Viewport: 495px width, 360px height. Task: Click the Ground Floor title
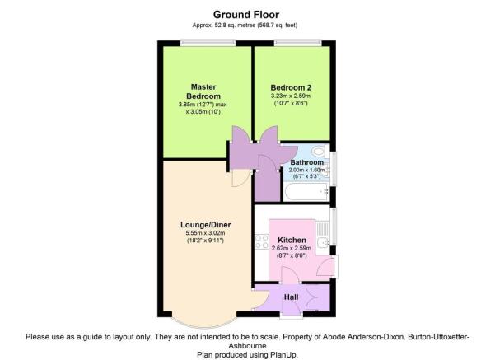246,15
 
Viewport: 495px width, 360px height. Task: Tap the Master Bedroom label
203,91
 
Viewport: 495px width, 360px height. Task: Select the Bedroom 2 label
291,88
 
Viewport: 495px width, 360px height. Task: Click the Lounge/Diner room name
206,225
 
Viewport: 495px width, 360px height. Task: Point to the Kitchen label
292,240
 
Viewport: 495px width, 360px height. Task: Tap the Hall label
291,297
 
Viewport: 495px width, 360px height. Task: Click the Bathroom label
307,162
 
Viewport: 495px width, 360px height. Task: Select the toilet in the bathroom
320,152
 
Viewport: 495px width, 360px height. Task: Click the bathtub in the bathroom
306,192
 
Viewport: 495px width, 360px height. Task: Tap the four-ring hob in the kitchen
261,241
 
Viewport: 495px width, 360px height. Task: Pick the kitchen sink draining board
322,229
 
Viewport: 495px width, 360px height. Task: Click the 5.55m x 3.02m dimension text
206,233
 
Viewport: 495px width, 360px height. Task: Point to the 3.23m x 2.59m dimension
291,96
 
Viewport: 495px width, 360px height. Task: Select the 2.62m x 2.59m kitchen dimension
292,248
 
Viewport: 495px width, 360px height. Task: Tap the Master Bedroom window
208,43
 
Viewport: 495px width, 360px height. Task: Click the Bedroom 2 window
297,43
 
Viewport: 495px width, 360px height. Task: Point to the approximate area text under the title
245,26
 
